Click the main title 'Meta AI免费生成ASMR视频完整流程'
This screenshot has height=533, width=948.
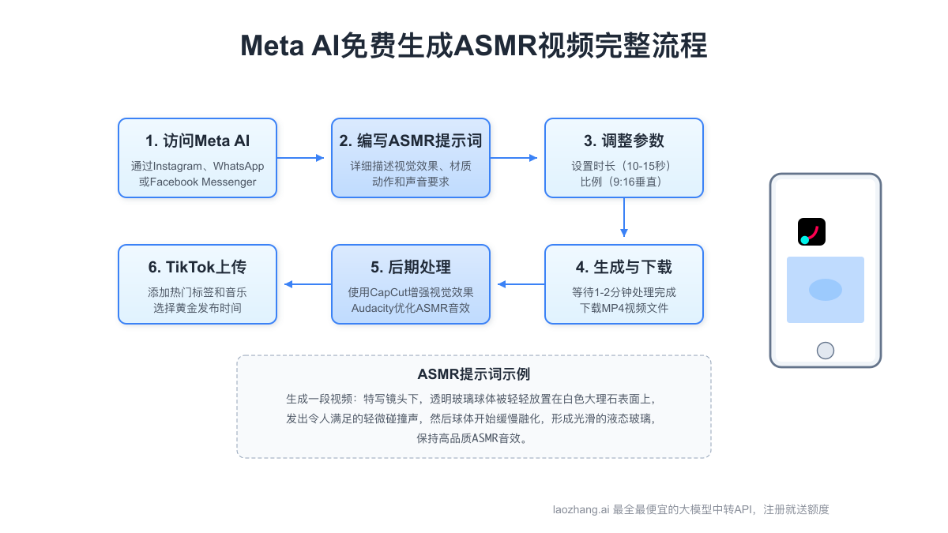coord(474,46)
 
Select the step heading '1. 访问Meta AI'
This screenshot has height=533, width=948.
coord(197,141)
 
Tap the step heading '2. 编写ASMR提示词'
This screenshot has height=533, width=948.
coord(411,141)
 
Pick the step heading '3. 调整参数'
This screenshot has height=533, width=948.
coord(624,141)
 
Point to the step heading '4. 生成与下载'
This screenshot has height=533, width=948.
coord(624,267)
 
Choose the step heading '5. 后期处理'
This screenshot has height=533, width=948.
coord(411,267)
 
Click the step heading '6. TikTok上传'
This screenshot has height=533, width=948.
coord(197,267)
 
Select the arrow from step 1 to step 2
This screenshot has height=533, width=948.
coord(301,158)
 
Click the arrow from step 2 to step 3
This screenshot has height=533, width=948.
coord(514,158)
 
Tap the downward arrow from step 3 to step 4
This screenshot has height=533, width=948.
coord(624,216)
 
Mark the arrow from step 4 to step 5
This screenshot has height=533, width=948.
coord(521,284)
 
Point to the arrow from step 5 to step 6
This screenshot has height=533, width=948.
coord(307,284)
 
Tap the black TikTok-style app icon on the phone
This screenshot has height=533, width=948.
coord(811,231)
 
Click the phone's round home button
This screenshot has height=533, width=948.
coord(826,350)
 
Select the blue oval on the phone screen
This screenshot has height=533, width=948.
coord(826,290)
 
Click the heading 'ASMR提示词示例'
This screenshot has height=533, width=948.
coord(474,374)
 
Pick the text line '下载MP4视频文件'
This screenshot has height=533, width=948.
coord(624,308)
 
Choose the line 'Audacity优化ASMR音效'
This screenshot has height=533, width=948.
coord(411,308)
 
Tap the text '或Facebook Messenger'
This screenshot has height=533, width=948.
coord(197,182)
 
